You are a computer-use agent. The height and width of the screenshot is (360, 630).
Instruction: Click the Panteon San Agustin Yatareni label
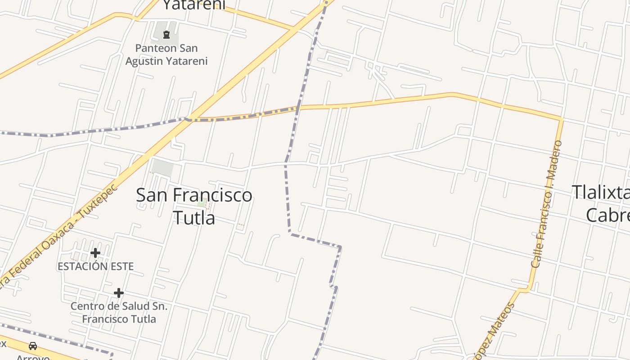click(x=166, y=54)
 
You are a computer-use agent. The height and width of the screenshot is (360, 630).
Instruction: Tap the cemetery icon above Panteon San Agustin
click(x=166, y=35)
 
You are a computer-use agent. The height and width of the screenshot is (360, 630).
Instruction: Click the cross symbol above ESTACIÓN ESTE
click(x=95, y=253)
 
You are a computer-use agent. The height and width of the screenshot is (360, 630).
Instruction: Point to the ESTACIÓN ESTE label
click(x=95, y=266)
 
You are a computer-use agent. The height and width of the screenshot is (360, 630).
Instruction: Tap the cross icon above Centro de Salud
click(x=119, y=293)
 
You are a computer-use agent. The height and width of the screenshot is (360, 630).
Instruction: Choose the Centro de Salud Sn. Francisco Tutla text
click(x=119, y=313)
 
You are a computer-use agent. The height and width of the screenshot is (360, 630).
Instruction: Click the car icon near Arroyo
click(x=33, y=346)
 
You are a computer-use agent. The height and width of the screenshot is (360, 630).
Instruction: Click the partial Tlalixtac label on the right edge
click(x=600, y=192)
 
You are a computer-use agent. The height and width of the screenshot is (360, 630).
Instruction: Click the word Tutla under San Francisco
click(x=194, y=218)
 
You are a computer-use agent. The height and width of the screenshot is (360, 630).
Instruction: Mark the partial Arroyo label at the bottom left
click(x=33, y=357)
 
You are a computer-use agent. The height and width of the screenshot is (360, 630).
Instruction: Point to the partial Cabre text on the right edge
click(x=607, y=215)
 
